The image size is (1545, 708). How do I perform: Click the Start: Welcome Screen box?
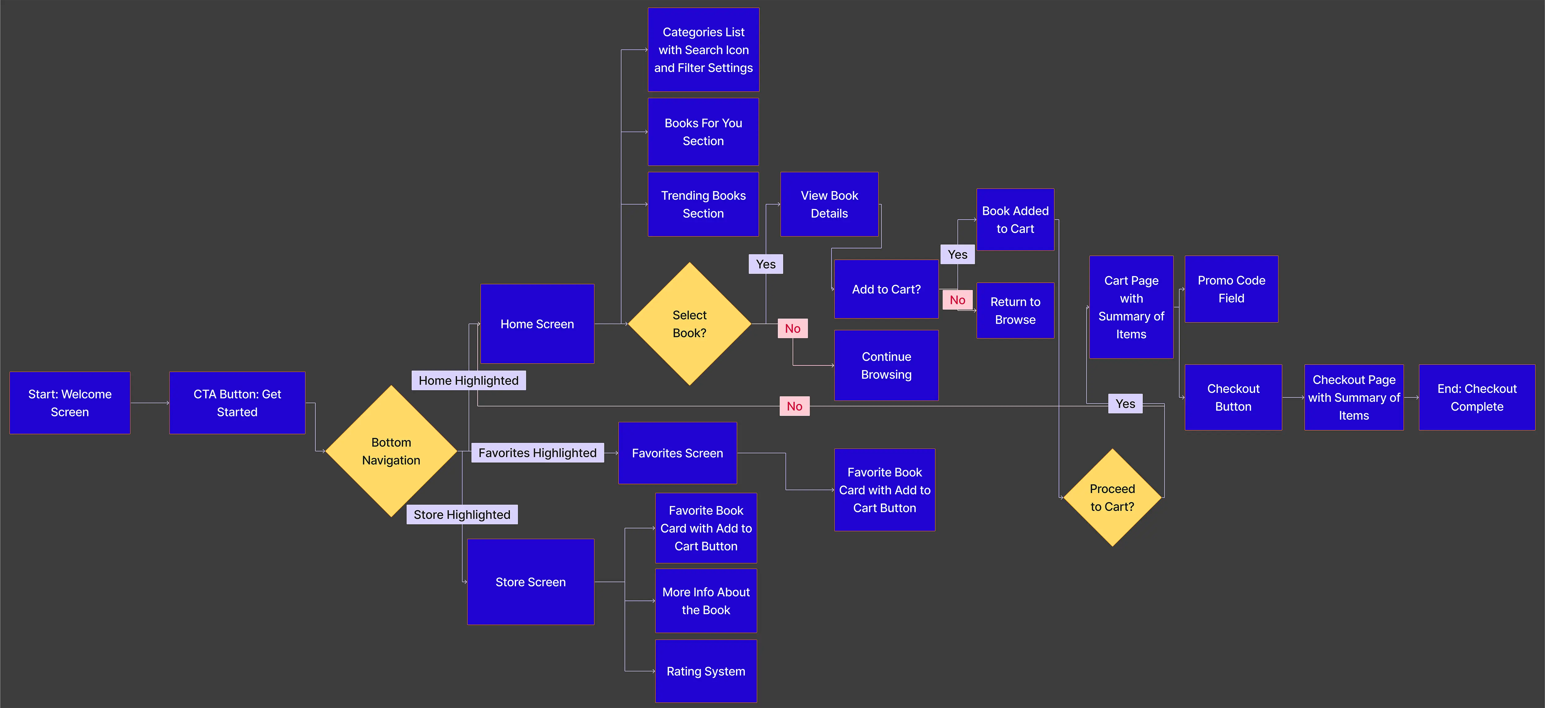pyautogui.click(x=70, y=403)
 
